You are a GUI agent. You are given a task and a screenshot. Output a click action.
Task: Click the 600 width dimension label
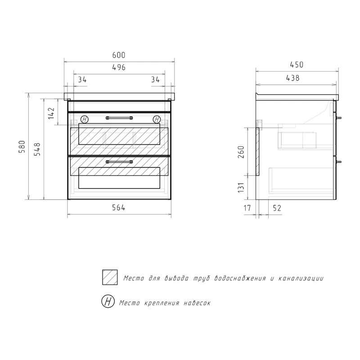(119, 55)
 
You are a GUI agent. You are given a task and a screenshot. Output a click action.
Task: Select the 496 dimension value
(119, 67)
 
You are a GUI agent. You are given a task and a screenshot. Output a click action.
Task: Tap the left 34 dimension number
(82, 80)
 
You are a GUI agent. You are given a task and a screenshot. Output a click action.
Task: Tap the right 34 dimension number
(155, 80)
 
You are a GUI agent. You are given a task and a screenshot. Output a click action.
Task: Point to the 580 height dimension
(22, 147)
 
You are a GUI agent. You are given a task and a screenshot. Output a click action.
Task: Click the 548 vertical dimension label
(37, 149)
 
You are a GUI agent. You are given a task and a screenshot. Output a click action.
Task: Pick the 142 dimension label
(51, 113)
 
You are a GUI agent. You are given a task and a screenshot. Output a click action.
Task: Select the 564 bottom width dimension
(118, 207)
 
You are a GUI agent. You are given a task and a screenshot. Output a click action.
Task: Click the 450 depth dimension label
(297, 65)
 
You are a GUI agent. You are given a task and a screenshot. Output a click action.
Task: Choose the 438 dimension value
(293, 78)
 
